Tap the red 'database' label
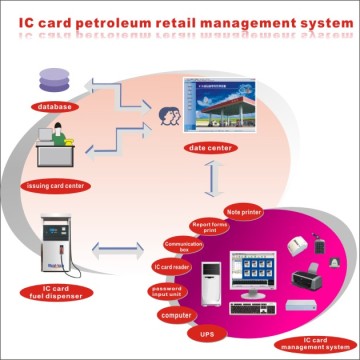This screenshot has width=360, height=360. tap(53, 105)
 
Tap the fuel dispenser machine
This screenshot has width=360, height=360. tap(56, 244)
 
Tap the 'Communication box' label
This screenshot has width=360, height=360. tap(184, 245)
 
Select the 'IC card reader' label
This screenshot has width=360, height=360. tap(171, 267)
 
